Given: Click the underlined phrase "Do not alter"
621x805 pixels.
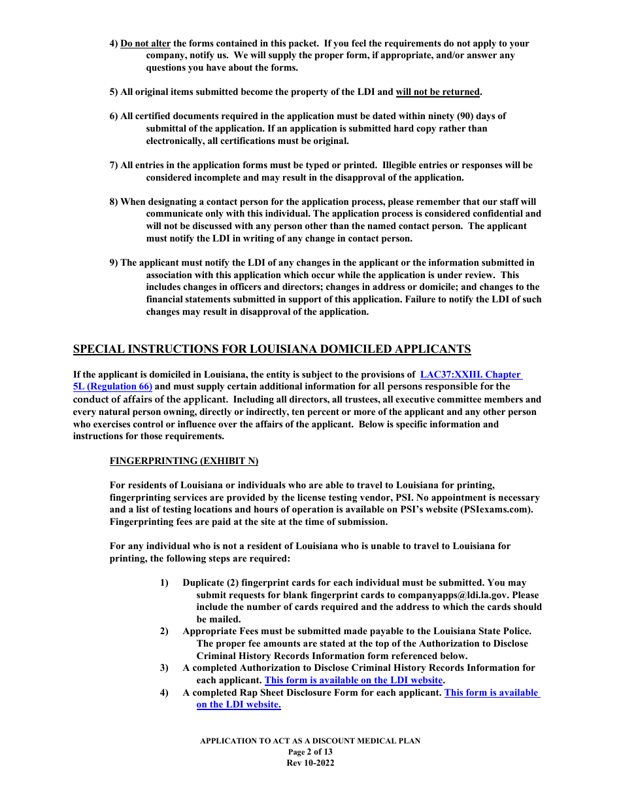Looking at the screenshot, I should pyautogui.click(x=145, y=43).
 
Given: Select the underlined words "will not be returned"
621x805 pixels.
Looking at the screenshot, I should pyautogui.click(x=438, y=92).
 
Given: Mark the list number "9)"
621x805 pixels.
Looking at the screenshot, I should pyautogui.click(x=114, y=262).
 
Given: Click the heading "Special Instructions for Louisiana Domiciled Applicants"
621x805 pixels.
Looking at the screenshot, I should pyautogui.click(x=272, y=349).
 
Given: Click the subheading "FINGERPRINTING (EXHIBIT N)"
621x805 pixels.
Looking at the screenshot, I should pyautogui.click(x=184, y=461).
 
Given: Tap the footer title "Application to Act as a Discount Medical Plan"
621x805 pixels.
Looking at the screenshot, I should pyautogui.click(x=310, y=741).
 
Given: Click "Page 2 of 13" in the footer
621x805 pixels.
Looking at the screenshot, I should pyautogui.click(x=310, y=752).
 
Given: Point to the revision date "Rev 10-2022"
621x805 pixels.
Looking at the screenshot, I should pyautogui.click(x=310, y=763).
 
